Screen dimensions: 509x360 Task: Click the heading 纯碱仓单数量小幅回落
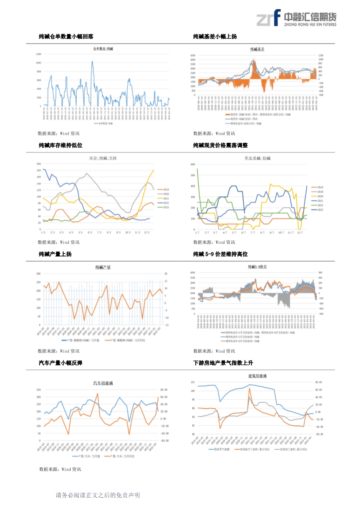pos(66,37)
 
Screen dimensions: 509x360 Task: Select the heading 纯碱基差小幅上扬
pos(215,37)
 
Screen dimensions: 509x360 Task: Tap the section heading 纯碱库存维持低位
pos(61,145)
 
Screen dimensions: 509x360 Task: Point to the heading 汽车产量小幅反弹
pos(61,363)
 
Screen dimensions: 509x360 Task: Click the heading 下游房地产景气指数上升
pos(223,363)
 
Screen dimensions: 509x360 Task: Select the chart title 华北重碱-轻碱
pos(257,158)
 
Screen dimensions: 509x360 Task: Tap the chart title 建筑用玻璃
pos(257,375)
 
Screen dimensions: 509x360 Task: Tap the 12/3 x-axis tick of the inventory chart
pos(148,233)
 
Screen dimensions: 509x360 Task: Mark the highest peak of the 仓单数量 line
pos(92,61)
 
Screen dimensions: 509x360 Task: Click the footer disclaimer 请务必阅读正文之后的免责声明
pos(98,495)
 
